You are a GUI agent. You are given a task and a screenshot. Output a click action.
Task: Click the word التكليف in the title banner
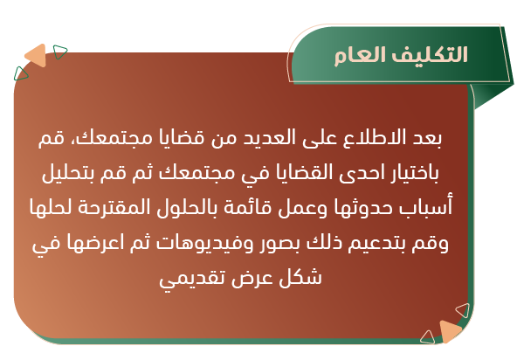tap(430, 55)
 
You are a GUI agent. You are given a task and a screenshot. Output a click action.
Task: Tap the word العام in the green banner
tap(360, 55)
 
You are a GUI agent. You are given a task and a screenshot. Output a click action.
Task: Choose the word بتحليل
tap(68, 173)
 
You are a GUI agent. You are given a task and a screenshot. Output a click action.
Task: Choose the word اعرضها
tap(95, 244)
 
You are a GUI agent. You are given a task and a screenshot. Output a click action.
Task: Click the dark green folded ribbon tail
tap(492, 96)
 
